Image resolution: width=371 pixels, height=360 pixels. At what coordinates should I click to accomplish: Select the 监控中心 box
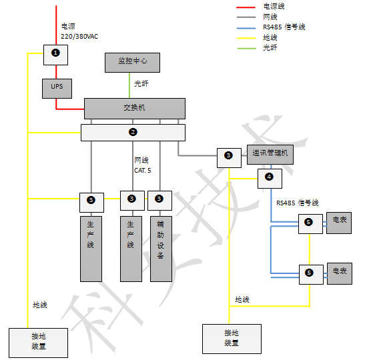[x=133, y=62]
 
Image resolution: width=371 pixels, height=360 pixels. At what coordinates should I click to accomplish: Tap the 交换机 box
[x=134, y=108]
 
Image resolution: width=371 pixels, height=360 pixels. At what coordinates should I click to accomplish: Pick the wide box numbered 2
[x=133, y=132]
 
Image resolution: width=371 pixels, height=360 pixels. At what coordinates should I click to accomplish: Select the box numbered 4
[x=270, y=178]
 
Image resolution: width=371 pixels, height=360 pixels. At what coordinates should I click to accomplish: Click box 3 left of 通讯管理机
[x=228, y=157]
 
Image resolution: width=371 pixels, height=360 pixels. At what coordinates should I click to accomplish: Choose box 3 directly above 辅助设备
[x=159, y=199]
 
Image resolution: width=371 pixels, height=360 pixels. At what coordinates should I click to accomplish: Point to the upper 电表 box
[x=339, y=223]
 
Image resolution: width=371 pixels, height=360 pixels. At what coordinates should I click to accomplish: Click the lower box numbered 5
[x=309, y=273]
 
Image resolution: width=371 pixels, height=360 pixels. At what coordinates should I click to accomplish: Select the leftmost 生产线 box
[x=91, y=247]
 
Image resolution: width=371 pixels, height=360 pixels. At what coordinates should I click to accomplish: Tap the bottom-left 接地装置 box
[x=38, y=341]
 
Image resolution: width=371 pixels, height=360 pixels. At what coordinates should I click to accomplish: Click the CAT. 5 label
[x=143, y=170]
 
